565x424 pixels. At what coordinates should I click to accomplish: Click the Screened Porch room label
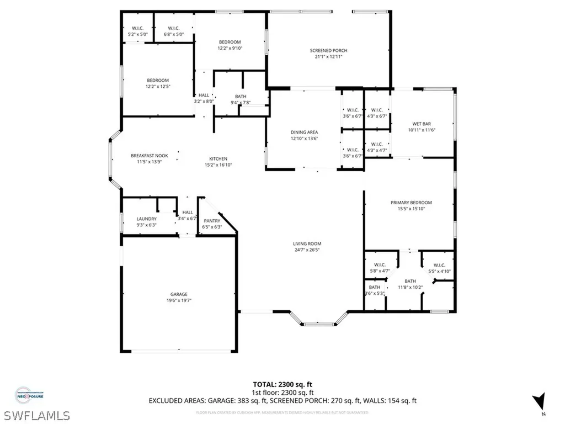pos(328,51)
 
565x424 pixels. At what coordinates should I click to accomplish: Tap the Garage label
pos(178,294)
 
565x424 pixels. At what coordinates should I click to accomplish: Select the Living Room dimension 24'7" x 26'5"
pos(307,250)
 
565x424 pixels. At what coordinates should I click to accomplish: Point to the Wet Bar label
pos(421,124)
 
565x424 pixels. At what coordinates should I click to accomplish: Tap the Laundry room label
pos(147,219)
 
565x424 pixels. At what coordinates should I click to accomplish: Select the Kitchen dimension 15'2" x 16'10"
pos(218,165)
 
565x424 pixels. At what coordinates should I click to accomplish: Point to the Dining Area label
pos(305,132)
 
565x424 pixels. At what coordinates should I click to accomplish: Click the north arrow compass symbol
pos(539,402)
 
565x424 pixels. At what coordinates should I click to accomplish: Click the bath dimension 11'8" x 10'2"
pos(410,287)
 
